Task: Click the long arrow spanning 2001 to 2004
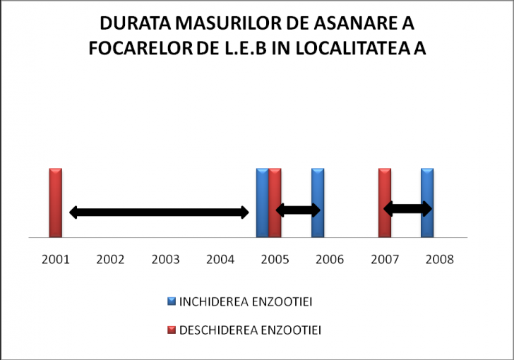pyautogui.click(x=159, y=212)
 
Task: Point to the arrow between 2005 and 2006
pyautogui.click(x=297, y=210)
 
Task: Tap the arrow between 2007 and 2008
pyautogui.click(x=407, y=208)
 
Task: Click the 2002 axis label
pyautogui.click(x=110, y=259)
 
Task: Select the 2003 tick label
pyautogui.click(x=165, y=259)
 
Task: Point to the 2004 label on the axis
pyautogui.click(x=220, y=259)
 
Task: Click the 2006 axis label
pyautogui.click(x=330, y=259)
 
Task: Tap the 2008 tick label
pyautogui.click(x=440, y=259)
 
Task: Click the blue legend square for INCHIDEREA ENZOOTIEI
pyautogui.click(x=171, y=302)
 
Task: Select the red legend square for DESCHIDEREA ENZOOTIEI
pyautogui.click(x=171, y=329)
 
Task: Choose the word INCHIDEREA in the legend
pyautogui.click(x=213, y=302)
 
